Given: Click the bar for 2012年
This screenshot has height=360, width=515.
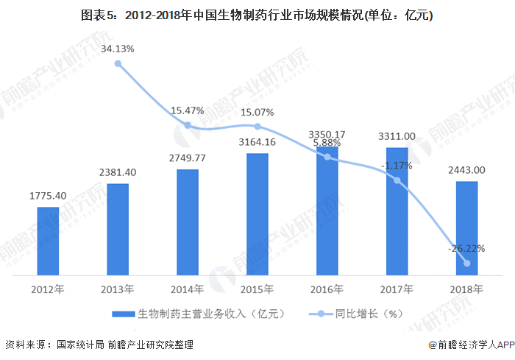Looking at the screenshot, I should (x=48, y=240).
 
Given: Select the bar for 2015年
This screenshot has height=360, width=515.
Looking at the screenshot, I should (x=257, y=213).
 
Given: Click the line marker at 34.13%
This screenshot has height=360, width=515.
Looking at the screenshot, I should (x=118, y=64).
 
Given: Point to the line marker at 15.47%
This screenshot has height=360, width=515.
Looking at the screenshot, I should (x=188, y=125).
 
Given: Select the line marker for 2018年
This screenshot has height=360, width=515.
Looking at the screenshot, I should (x=466, y=263).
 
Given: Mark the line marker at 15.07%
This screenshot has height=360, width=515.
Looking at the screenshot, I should (x=257, y=127).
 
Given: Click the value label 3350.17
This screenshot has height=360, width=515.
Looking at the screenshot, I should (x=327, y=135).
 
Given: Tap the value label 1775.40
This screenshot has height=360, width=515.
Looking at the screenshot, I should (x=48, y=196).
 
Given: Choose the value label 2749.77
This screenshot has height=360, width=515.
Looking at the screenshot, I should (x=188, y=158).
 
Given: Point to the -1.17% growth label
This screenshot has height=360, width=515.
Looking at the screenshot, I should (x=397, y=166).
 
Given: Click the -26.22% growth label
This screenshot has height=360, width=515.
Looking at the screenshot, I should (x=466, y=248).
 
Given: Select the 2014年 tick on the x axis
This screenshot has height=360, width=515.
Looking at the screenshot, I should (x=188, y=288).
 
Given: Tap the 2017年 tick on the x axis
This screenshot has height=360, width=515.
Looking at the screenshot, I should (x=397, y=288).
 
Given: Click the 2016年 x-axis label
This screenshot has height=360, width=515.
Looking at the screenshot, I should (x=327, y=288).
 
